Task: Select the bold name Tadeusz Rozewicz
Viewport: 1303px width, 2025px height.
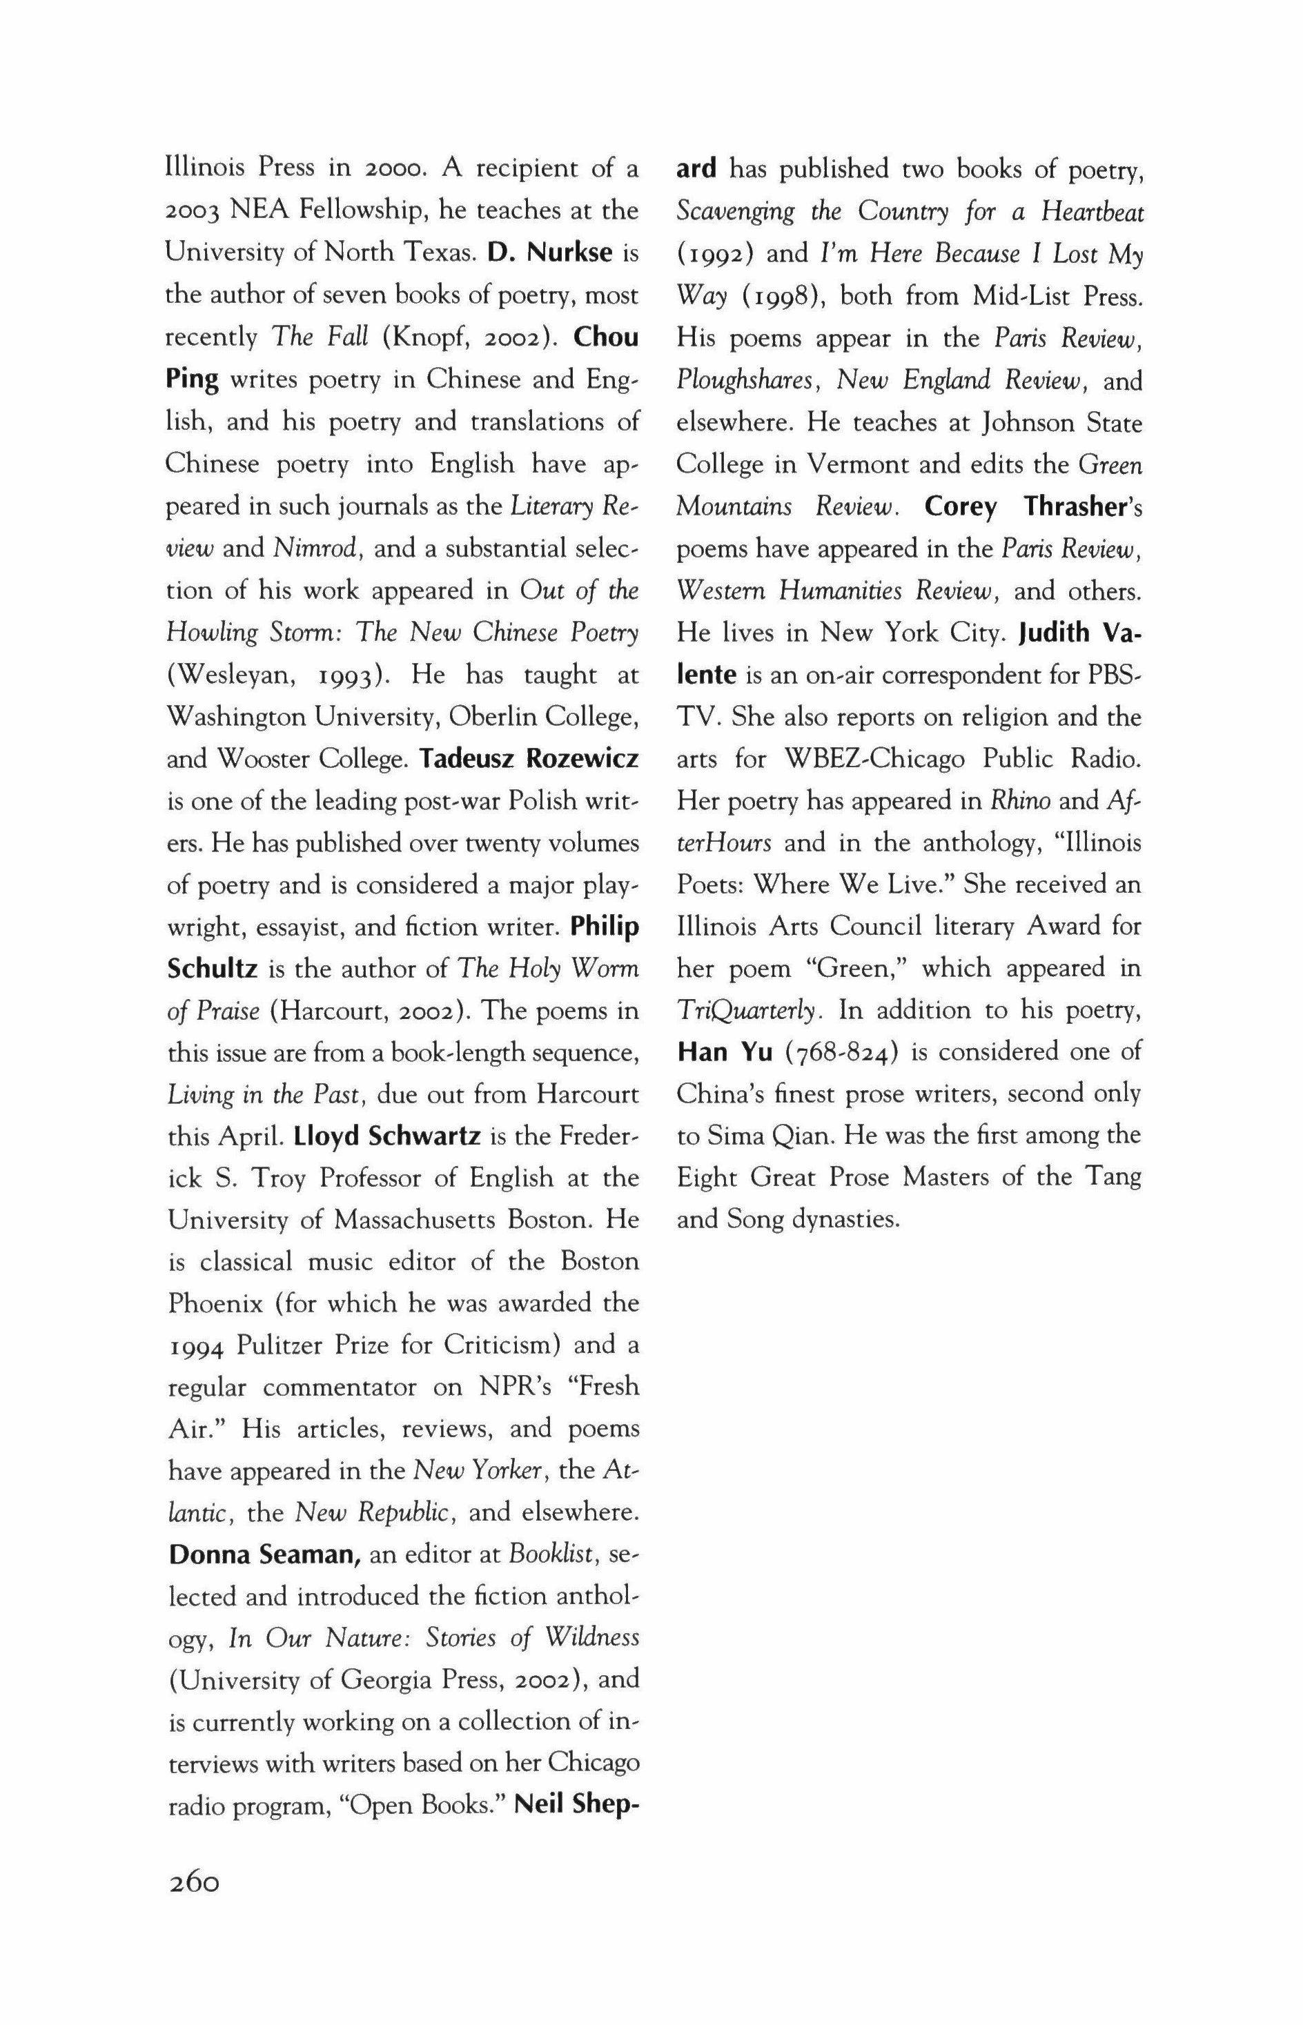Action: coord(529,758)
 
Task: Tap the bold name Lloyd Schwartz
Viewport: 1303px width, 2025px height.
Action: coord(387,1135)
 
